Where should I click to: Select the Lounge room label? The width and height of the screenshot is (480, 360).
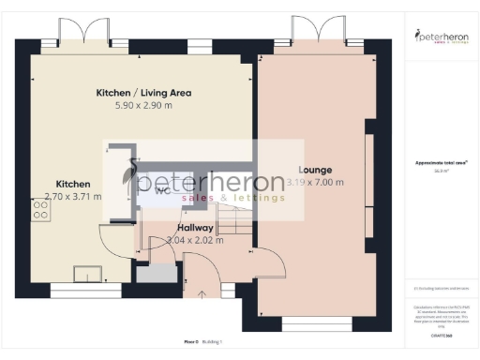316,170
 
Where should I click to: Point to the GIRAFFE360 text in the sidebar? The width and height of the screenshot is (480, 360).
441,322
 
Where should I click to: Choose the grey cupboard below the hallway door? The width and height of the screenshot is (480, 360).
156,274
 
